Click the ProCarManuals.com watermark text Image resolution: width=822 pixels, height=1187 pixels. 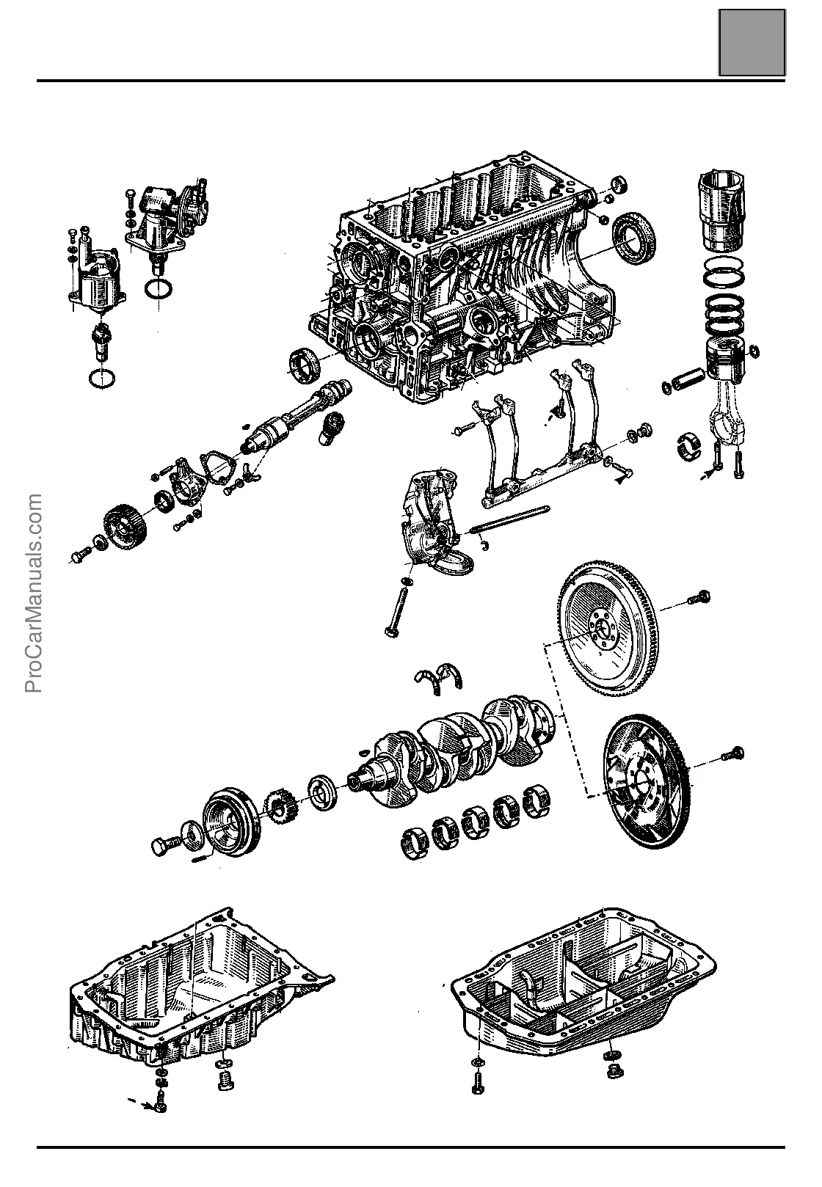pyautogui.click(x=34, y=593)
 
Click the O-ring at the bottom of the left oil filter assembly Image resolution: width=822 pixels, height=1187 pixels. pyautogui.click(x=101, y=379)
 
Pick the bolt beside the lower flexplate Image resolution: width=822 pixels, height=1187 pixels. pyautogui.click(x=734, y=753)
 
